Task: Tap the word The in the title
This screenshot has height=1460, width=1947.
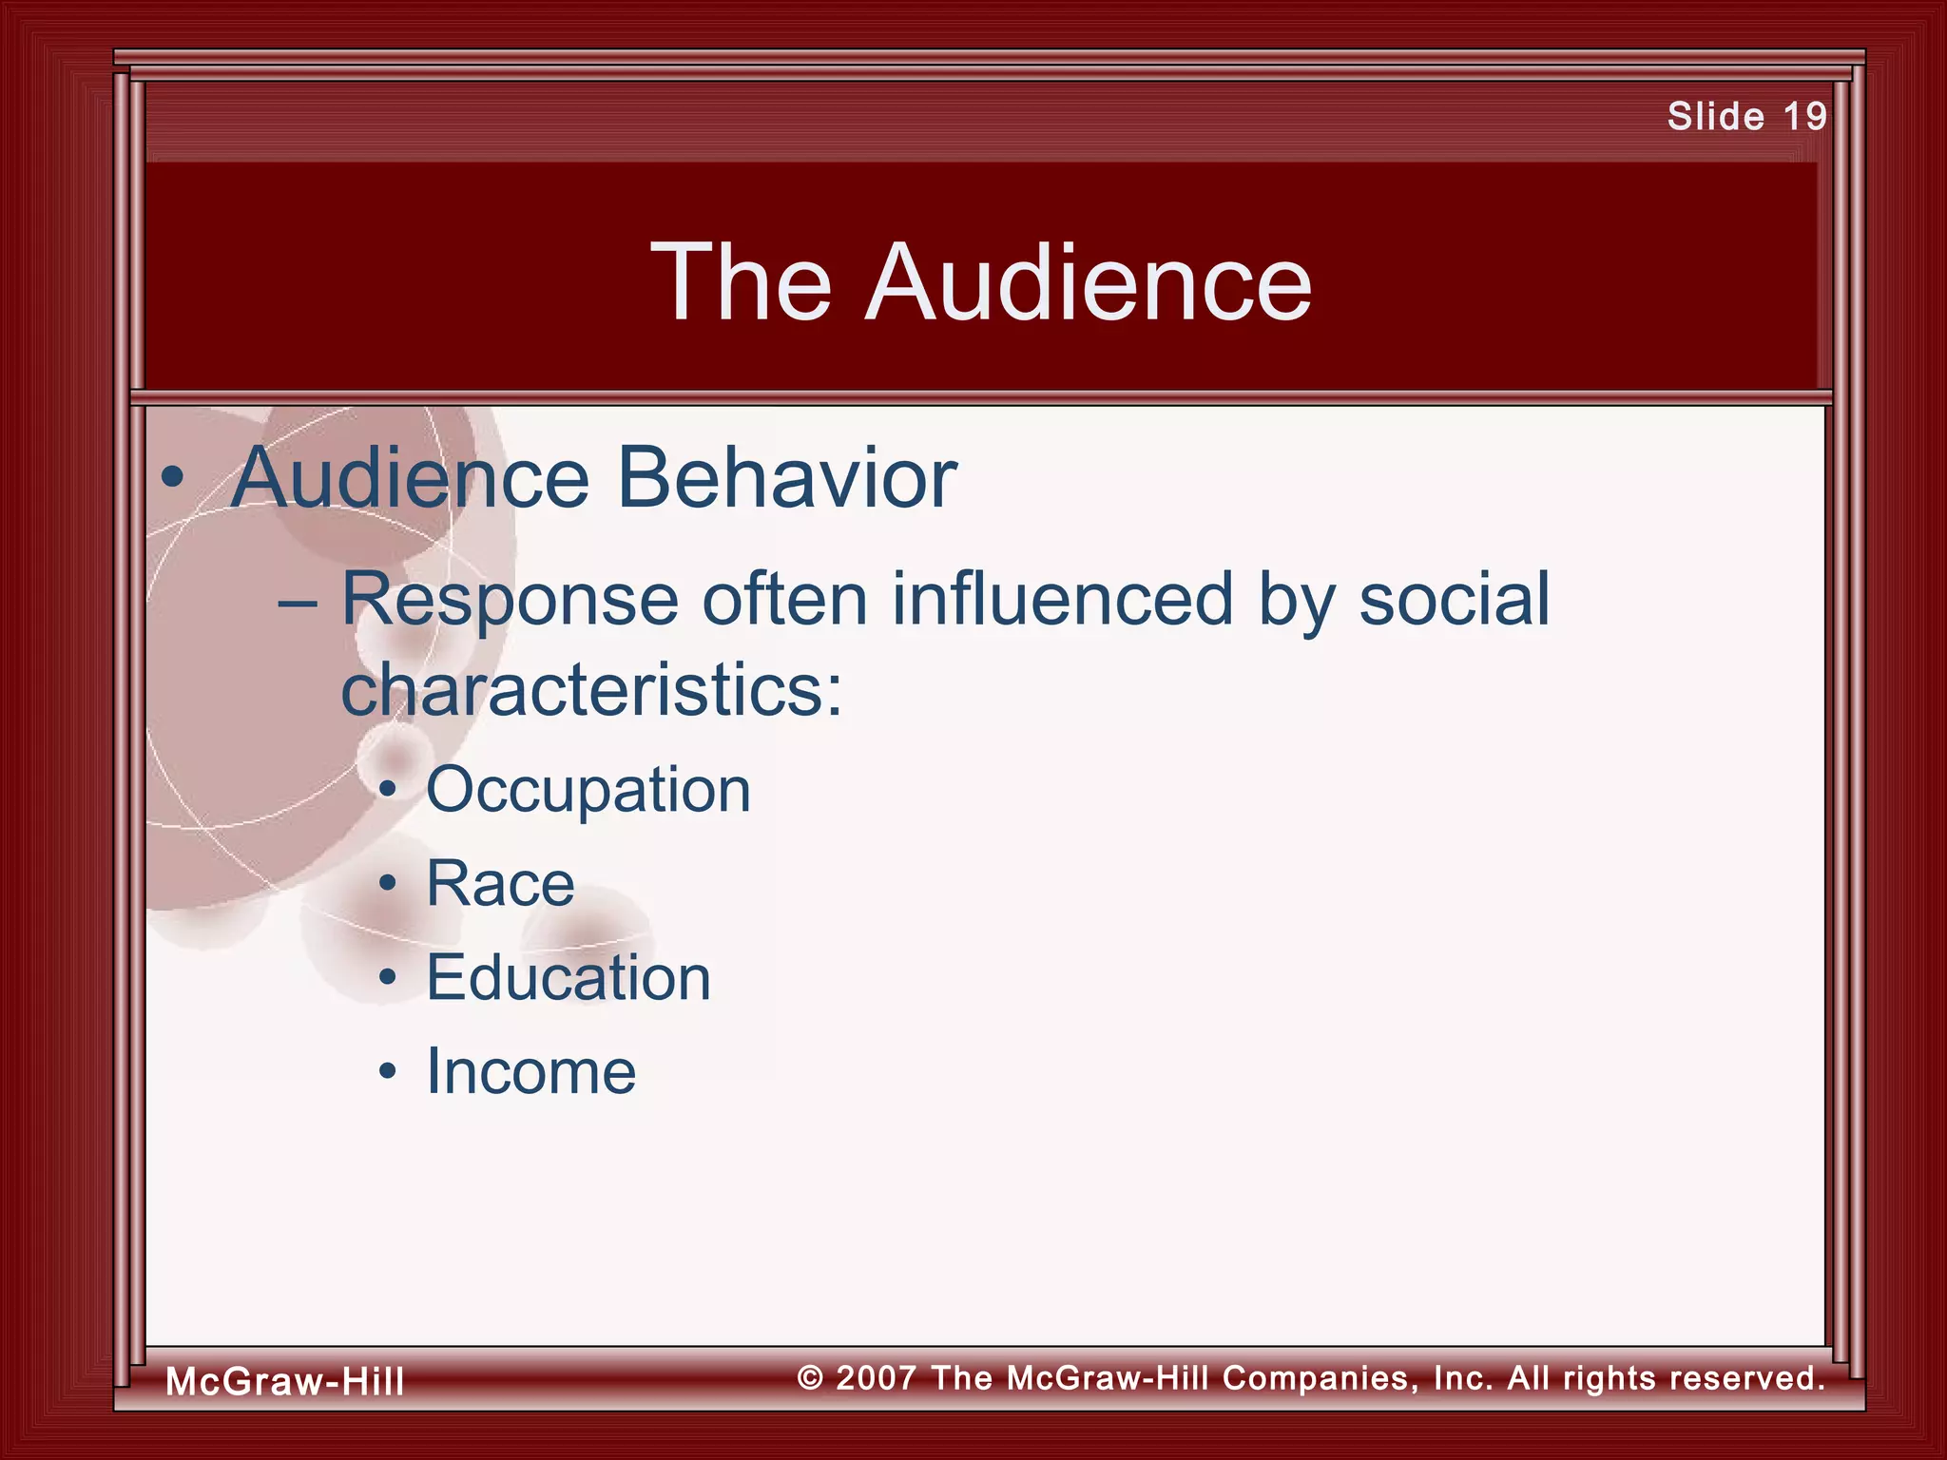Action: (742, 283)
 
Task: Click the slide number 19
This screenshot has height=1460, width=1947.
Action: (1804, 117)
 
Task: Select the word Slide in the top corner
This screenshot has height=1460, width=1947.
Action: (1715, 117)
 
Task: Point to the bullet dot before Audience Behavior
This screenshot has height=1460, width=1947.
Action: (172, 479)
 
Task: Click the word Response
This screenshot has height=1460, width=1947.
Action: (510, 601)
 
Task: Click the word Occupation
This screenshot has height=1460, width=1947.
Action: (588, 791)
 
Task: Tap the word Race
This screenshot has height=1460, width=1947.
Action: (500, 884)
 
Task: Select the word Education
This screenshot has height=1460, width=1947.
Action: (569, 978)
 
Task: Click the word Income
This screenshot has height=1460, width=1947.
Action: (530, 1072)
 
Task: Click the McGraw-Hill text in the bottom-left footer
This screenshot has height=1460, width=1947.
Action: (285, 1381)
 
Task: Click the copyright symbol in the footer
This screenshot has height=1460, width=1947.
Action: (810, 1378)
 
